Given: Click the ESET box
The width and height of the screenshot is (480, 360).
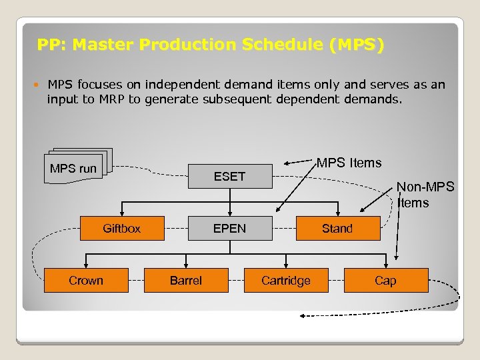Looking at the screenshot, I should pyautogui.click(x=229, y=176).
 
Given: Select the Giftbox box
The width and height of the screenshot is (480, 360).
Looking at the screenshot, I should pyautogui.click(x=122, y=229).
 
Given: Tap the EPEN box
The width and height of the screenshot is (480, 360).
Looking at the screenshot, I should pyautogui.click(x=229, y=229).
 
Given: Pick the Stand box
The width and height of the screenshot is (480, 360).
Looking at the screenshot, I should pyautogui.click(x=337, y=229).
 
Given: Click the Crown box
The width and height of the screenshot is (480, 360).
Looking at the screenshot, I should pyautogui.click(x=86, y=281).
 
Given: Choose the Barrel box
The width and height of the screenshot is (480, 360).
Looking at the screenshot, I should pyautogui.click(x=186, y=281).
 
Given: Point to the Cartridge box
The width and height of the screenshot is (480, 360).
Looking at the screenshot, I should pyautogui.click(x=285, y=281).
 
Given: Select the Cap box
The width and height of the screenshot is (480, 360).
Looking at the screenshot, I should pyautogui.click(x=385, y=281).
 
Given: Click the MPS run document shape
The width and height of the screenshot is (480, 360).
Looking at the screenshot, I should pyautogui.click(x=74, y=169).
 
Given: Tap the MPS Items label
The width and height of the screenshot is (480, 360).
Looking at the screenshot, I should pyautogui.click(x=349, y=163).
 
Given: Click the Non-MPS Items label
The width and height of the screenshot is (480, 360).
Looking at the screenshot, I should pyautogui.click(x=425, y=195).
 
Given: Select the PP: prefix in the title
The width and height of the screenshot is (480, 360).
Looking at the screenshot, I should pyautogui.click(x=51, y=45).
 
